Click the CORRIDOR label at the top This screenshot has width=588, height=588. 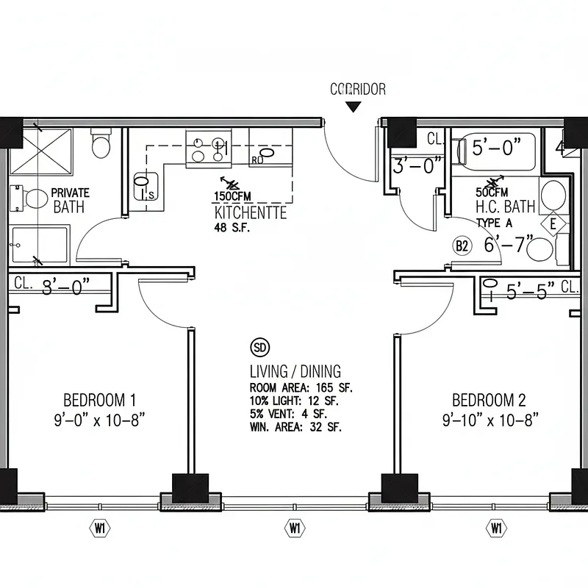tap(357, 90)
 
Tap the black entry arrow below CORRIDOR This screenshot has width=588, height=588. tap(354, 107)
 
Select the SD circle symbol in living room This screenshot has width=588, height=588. tap(259, 348)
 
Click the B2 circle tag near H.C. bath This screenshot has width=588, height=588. tap(462, 245)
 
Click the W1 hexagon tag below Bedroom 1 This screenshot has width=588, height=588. tap(99, 527)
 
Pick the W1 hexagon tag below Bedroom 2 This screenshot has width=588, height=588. tap(496, 527)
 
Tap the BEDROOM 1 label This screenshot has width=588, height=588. tap(99, 401)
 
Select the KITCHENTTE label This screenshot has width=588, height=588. tap(250, 213)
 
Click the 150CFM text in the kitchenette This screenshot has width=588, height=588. tap(229, 196)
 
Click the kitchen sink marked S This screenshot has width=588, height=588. tap(143, 184)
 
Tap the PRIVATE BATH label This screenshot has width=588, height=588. tap(69, 200)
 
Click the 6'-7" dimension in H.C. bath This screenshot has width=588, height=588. tap(504, 245)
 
